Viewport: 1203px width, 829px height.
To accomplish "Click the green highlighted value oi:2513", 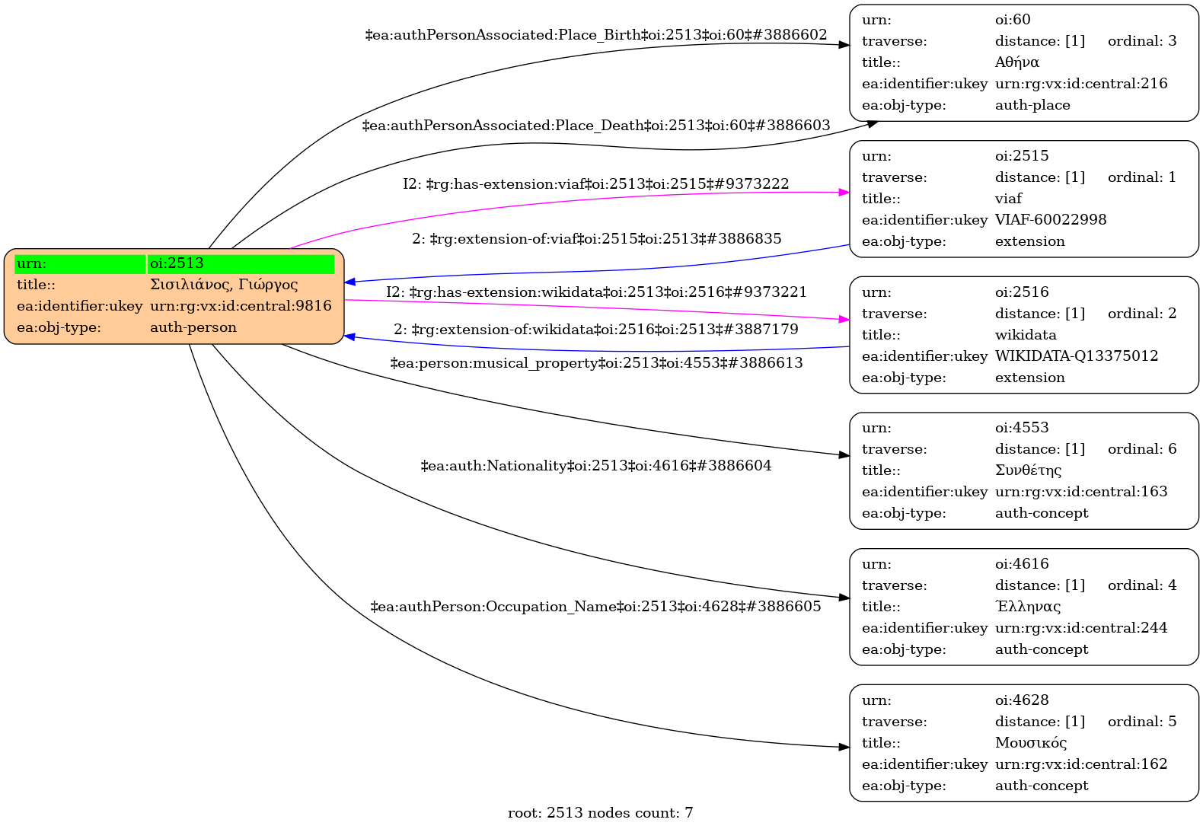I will tap(177, 263).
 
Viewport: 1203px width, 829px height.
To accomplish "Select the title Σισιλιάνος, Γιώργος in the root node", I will tap(224, 285).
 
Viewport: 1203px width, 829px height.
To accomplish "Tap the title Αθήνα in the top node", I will tap(1016, 62).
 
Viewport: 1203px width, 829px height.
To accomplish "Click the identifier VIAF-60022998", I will tap(1050, 220).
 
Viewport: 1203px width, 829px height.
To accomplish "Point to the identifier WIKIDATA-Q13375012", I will tap(1076, 356).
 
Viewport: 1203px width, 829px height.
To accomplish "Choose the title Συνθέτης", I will tap(1028, 470).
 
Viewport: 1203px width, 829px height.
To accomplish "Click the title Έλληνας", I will tap(1027, 607).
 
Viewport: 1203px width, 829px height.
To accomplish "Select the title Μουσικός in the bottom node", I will tap(1030, 743).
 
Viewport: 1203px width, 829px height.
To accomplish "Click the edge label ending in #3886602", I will tap(596, 35).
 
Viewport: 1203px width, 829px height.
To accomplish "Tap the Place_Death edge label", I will tap(596, 126).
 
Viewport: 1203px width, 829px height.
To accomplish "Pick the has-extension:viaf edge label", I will tap(596, 184).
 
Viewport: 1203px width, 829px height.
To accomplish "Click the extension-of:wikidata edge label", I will tap(596, 330).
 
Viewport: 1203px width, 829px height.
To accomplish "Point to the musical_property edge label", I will tap(596, 363).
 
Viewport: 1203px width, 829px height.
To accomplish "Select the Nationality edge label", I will tap(596, 466).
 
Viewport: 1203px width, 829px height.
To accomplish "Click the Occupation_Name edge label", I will tap(596, 607).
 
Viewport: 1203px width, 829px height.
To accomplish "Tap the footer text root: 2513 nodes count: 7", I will tap(600, 813).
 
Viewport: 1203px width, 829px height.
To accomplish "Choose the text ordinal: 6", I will tap(1141, 449).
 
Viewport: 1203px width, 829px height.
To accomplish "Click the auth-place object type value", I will tap(1032, 105).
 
